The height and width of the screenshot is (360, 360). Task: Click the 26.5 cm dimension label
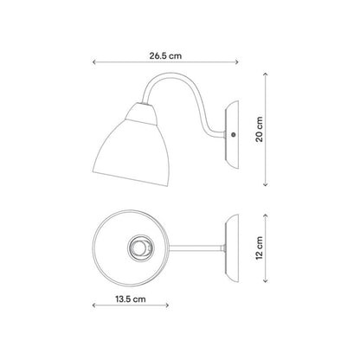[x=165, y=55]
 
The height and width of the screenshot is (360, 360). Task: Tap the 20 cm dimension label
[x=260, y=129]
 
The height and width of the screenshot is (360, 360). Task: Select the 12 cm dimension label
[x=260, y=247]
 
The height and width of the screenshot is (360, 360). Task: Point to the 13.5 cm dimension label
[x=131, y=299]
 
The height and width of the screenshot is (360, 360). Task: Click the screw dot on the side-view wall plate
[x=233, y=134]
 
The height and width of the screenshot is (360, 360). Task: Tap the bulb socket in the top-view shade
[x=140, y=247]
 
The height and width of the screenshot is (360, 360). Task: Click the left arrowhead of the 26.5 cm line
[x=93, y=62]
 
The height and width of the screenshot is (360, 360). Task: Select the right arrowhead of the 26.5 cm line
[x=237, y=62]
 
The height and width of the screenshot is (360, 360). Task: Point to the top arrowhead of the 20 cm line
[x=266, y=74]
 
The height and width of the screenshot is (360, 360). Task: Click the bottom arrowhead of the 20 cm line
[x=266, y=184]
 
